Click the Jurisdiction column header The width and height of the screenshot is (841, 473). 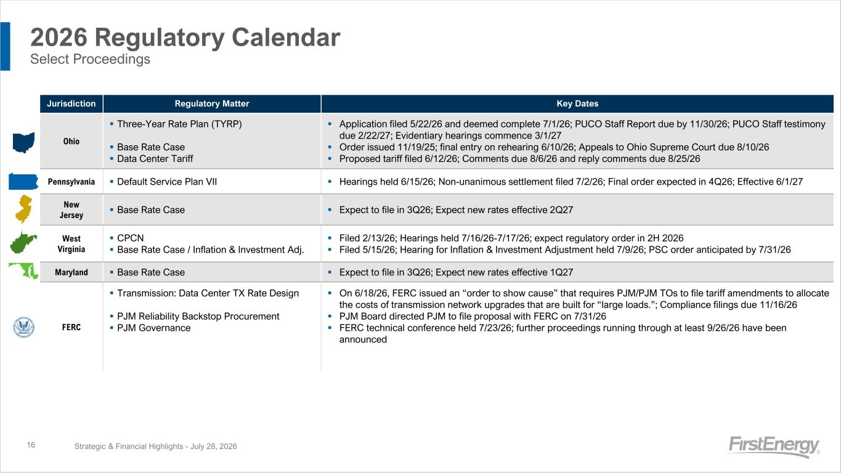(71, 103)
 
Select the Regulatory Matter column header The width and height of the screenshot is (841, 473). (212, 103)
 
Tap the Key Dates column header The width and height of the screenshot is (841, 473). (577, 103)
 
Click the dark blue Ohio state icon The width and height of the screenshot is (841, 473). (23, 142)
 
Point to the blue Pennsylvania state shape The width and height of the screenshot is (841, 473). (23, 182)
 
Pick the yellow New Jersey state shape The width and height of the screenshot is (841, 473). (23, 209)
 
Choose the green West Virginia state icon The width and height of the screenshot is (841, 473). (23, 243)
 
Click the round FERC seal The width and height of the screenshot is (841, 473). (23, 327)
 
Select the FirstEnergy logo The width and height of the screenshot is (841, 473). (774, 446)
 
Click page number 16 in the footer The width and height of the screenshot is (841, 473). (31, 445)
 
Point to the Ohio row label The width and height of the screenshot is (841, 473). (71, 142)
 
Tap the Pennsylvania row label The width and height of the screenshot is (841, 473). (71, 182)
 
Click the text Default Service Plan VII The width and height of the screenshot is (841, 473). (167, 182)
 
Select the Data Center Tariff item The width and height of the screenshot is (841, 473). (155, 159)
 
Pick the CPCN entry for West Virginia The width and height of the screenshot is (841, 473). (130, 238)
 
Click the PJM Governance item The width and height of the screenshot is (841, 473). (154, 328)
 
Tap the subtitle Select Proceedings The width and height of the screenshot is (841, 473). (90, 59)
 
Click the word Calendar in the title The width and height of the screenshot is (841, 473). (286, 38)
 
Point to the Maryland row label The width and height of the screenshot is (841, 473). (71, 273)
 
